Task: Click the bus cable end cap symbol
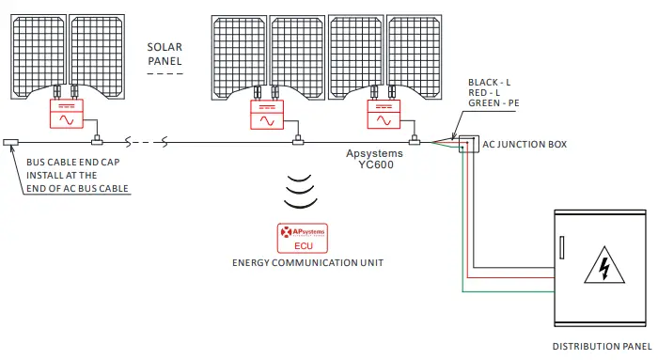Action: click(11, 143)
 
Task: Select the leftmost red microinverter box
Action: click(68, 115)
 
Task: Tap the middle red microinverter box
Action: click(268, 115)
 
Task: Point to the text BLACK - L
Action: click(489, 83)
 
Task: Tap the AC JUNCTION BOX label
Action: click(525, 144)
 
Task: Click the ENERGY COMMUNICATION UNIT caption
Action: click(307, 261)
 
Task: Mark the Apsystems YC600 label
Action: click(374, 159)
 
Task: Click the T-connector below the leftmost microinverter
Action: click(95, 143)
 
